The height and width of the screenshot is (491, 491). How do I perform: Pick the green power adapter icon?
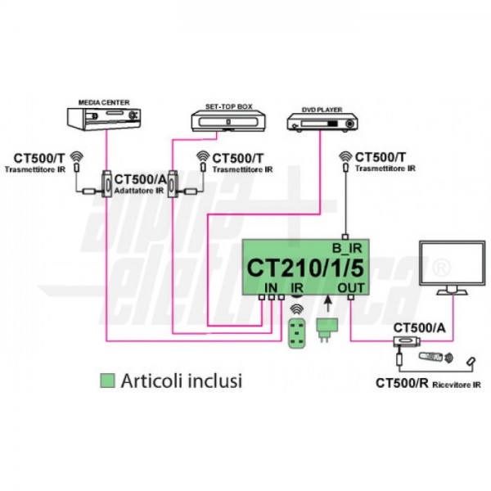point(327,332)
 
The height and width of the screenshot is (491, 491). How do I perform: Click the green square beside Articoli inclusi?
point(106,381)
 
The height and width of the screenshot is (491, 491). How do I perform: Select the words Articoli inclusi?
point(181,381)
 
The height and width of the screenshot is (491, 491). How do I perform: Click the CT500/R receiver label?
point(402,382)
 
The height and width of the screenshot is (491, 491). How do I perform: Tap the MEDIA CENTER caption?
point(105,102)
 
